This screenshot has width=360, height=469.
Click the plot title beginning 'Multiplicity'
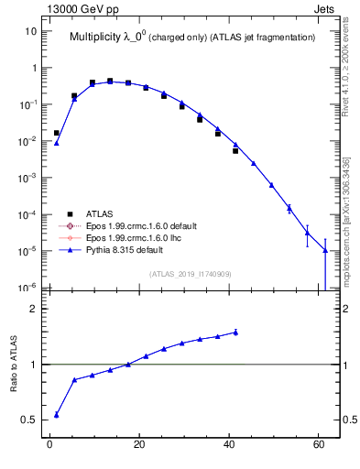[x=192, y=37]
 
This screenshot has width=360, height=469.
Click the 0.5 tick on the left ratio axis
[x=28, y=420]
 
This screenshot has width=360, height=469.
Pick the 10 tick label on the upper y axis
[x=31, y=31]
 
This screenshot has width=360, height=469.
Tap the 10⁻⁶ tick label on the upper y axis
[x=28, y=288]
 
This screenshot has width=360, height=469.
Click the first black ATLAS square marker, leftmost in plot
[x=57, y=133]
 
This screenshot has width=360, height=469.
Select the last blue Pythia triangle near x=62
[x=325, y=250]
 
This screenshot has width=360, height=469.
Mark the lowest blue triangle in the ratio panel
[x=57, y=415]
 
